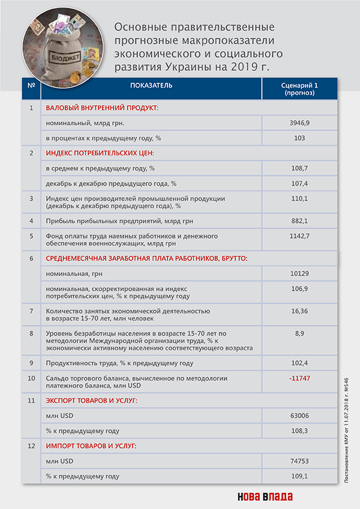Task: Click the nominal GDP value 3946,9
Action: (299, 123)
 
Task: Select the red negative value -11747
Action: (299, 379)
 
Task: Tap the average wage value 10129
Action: (299, 274)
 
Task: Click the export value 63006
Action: (299, 415)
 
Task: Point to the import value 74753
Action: (299, 461)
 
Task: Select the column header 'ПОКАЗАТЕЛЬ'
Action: (151, 85)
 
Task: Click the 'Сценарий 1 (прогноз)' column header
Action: (299, 89)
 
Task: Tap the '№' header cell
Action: (31, 85)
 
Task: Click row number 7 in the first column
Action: (31, 310)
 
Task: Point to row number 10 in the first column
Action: (31, 379)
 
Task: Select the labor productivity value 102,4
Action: (299, 363)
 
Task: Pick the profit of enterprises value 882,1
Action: (299, 220)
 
